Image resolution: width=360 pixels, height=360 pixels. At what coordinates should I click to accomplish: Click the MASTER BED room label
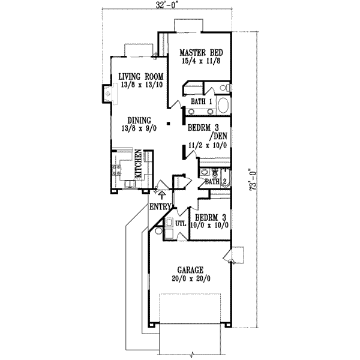pos(202,52)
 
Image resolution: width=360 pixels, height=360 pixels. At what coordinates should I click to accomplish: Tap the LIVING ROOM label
pos(140,76)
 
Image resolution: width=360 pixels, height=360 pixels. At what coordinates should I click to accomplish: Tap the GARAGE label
pos(190,270)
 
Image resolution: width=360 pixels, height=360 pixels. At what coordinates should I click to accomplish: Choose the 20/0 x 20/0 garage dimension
pos(190,279)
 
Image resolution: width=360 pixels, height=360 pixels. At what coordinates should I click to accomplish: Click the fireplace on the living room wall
pos(107,93)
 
